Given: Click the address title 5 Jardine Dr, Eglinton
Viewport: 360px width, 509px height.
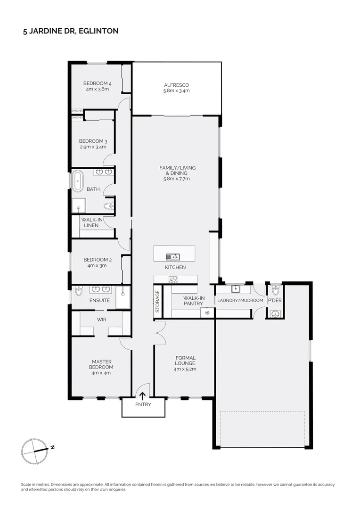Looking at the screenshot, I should (71, 31).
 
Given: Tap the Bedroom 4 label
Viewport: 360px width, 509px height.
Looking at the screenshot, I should (98, 83).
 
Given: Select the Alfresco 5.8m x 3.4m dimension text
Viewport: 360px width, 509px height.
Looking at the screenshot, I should (176, 90).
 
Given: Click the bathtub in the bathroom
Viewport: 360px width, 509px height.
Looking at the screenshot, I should (77, 181).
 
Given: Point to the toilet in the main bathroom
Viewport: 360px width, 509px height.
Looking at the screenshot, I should (109, 206).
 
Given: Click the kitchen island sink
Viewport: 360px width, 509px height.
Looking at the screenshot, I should (172, 257).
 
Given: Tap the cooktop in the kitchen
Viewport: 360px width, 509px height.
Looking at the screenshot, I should (173, 279).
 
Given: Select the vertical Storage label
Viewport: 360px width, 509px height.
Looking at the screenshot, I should (158, 302).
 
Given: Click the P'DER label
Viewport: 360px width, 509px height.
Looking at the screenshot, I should (274, 300).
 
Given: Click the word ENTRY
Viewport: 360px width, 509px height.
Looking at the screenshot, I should (143, 404).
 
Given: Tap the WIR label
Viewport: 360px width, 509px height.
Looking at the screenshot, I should (102, 319).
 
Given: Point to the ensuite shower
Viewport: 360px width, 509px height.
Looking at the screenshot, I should (123, 297).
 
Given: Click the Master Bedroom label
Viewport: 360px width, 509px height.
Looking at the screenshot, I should (102, 364).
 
